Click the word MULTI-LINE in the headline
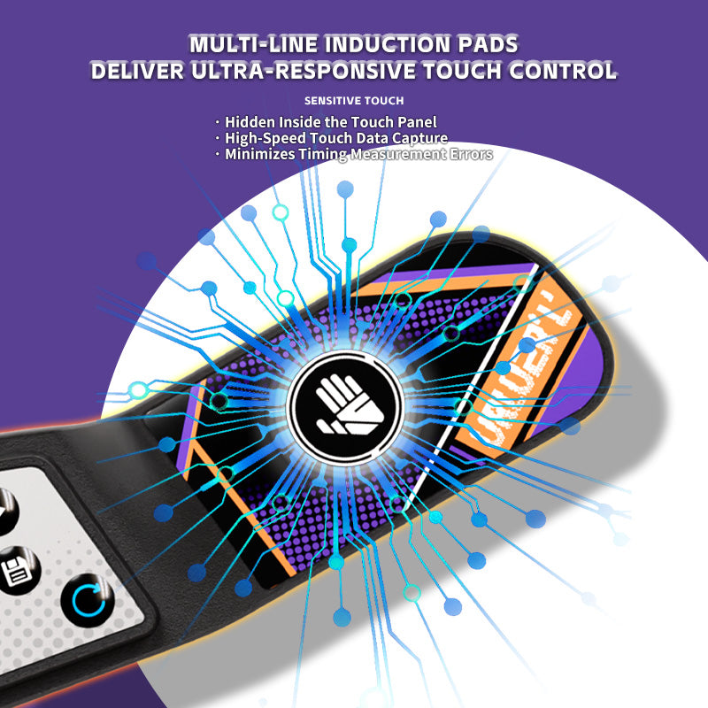click(x=255, y=43)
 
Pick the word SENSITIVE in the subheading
click(x=331, y=100)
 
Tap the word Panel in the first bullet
click(x=415, y=121)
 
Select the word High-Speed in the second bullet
click(x=264, y=138)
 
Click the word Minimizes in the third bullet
click(x=258, y=154)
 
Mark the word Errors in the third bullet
click(x=470, y=154)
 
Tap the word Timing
click(x=322, y=154)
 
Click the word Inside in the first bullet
click(x=305, y=121)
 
